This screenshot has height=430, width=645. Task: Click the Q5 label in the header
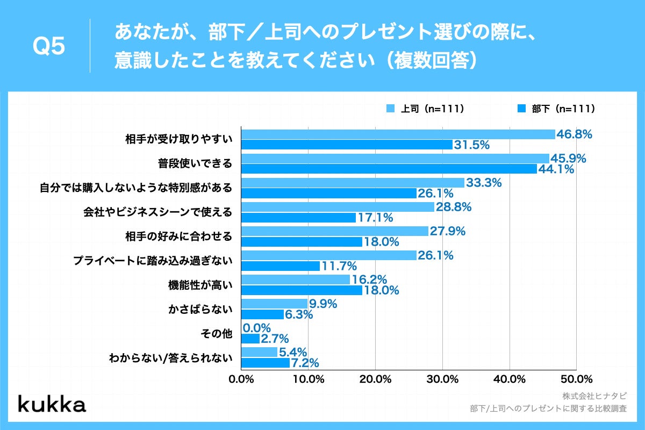[49, 47]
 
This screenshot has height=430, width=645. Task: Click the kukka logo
[52, 404]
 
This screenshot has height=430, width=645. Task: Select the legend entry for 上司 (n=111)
[425, 109]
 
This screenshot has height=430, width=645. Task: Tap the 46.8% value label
[574, 134]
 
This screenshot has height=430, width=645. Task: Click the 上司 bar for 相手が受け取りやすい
[398, 134]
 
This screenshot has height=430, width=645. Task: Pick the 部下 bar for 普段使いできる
[389, 169]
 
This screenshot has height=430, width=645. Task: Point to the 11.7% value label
[339, 266]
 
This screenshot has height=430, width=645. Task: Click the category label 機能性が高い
[200, 285]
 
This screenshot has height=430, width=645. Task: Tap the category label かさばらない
[200, 310]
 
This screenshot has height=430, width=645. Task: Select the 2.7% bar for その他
[250, 339]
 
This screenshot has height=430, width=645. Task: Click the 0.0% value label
[257, 328]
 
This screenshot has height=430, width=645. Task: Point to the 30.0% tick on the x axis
[442, 379]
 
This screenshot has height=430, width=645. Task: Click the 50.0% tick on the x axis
[576, 379]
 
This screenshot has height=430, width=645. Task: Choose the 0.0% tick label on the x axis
[241, 379]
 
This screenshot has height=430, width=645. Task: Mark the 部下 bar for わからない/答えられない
[266, 363]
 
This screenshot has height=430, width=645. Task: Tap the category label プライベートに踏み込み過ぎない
[153, 261]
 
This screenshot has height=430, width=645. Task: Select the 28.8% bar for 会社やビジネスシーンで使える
[338, 207]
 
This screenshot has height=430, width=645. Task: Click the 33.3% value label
[484, 183]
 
